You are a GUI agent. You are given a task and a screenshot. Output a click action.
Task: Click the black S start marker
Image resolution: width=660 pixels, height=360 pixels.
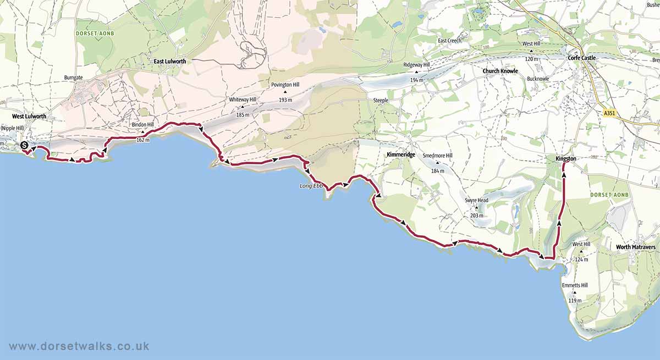[x=24, y=146]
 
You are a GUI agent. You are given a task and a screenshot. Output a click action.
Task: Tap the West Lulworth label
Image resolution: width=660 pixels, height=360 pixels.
[x=28, y=117]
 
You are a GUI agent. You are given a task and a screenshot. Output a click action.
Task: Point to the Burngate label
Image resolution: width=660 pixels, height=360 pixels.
[x=73, y=78]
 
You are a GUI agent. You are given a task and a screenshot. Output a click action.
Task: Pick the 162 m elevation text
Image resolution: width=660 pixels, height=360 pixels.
[x=143, y=140]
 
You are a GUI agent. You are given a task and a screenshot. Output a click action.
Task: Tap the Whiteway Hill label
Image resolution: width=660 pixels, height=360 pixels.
[x=243, y=99]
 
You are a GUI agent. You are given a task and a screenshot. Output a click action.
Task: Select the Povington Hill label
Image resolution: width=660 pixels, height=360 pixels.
[x=285, y=85]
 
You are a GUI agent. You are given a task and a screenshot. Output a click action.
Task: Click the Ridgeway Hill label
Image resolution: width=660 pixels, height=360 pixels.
[x=417, y=65]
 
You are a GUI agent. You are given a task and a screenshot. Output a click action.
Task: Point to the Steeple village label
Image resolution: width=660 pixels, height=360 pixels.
[x=381, y=101]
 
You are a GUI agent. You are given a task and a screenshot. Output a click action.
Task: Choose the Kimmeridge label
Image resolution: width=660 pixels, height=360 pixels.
[x=400, y=156]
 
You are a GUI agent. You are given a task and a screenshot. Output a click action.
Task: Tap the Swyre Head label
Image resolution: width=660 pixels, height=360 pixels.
[x=476, y=201]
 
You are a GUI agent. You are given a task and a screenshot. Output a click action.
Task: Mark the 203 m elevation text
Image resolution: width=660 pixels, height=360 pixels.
[x=476, y=215]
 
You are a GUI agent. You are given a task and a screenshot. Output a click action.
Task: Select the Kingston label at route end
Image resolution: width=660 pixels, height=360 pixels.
[x=566, y=159]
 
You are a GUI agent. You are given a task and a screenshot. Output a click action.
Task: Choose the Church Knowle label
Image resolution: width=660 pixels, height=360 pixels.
[x=500, y=71]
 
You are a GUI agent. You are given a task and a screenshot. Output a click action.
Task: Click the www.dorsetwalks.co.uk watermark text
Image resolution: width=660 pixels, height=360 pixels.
[x=79, y=347]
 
